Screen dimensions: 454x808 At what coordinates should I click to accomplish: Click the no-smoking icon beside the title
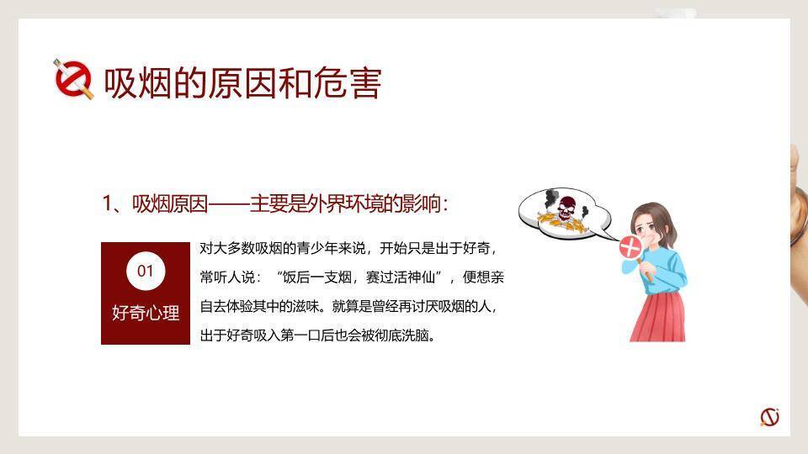tap(74, 81)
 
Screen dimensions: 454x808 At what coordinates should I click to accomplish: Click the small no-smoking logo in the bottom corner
tap(769, 416)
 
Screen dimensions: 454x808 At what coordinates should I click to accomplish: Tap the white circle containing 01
tap(146, 271)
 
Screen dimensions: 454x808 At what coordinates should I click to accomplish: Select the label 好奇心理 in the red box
tap(146, 313)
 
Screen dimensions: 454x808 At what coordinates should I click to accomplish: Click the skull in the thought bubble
tap(566, 207)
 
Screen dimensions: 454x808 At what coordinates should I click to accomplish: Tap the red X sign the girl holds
tap(630, 247)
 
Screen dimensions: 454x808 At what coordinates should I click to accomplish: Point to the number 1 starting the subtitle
tap(107, 204)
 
